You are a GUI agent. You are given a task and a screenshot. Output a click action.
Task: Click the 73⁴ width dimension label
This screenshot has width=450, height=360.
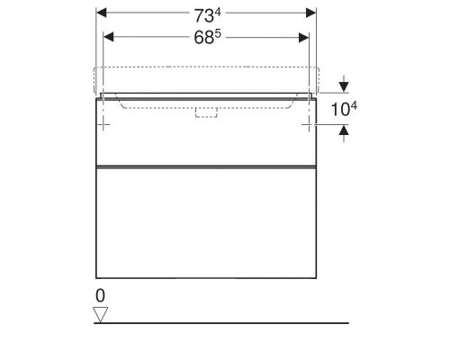206,14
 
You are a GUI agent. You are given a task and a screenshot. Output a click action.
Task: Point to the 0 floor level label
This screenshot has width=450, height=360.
100,294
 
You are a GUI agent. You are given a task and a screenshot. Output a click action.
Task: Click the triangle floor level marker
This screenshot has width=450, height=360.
101,313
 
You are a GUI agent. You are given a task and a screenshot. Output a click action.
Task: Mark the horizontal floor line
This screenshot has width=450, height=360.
225,322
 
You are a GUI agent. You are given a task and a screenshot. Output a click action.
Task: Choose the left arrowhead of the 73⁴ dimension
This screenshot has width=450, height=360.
101,13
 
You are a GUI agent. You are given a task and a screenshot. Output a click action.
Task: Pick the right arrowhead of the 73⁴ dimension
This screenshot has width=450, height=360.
311,13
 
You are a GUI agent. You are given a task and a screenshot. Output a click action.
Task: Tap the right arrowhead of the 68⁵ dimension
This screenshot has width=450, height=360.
303,36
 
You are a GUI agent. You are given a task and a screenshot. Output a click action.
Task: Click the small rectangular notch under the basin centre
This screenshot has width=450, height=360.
207,112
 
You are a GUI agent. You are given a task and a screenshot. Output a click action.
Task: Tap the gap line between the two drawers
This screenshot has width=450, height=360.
206,167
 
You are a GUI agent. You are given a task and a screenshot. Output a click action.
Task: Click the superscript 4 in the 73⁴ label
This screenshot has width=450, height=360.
219,11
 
